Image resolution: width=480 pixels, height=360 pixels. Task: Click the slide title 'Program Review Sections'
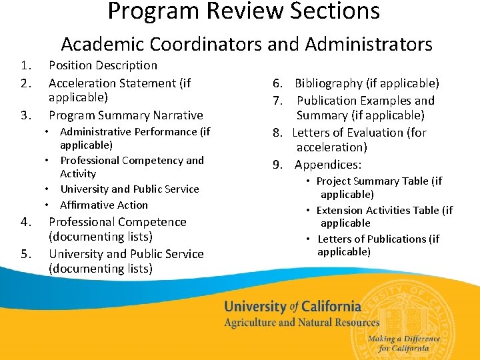pyautogui.click(x=243, y=11)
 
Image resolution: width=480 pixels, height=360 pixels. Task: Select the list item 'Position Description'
pyautogui.click(x=103, y=65)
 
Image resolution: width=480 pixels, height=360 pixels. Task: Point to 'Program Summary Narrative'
pyautogui.click(x=125, y=115)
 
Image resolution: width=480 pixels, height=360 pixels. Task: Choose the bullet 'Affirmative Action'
pyautogui.click(x=104, y=205)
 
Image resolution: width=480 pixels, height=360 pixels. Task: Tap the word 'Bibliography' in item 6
pyautogui.click(x=329, y=83)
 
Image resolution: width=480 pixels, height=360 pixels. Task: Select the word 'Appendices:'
pyautogui.click(x=328, y=165)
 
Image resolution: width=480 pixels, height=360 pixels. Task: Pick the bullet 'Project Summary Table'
pyautogui.click(x=373, y=181)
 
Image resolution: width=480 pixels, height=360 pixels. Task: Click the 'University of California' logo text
pyautogui.click(x=293, y=307)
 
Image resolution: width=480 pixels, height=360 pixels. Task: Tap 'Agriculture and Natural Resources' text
pyautogui.click(x=302, y=323)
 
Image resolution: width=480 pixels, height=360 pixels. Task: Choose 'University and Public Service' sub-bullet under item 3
pyautogui.click(x=129, y=189)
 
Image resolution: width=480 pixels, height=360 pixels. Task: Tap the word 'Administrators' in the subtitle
pyautogui.click(x=369, y=45)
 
